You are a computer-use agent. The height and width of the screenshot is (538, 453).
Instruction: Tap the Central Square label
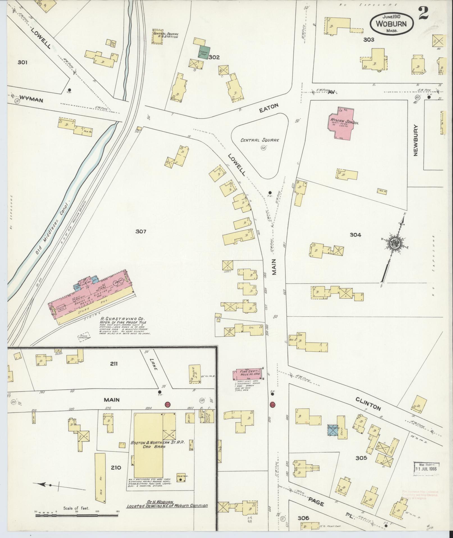[x=259, y=140]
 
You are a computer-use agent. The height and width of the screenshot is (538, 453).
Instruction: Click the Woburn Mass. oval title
[x=392, y=24]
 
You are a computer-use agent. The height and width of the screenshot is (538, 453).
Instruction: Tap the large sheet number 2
[x=423, y=13]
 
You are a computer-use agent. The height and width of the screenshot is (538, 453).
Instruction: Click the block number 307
[x=141, y=231]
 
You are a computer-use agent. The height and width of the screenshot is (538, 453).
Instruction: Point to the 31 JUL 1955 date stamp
[x=426, y=469]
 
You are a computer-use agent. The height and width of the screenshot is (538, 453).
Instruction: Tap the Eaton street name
[x=268, y=108]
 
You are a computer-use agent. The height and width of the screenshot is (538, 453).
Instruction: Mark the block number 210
[x=116, y=467]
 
